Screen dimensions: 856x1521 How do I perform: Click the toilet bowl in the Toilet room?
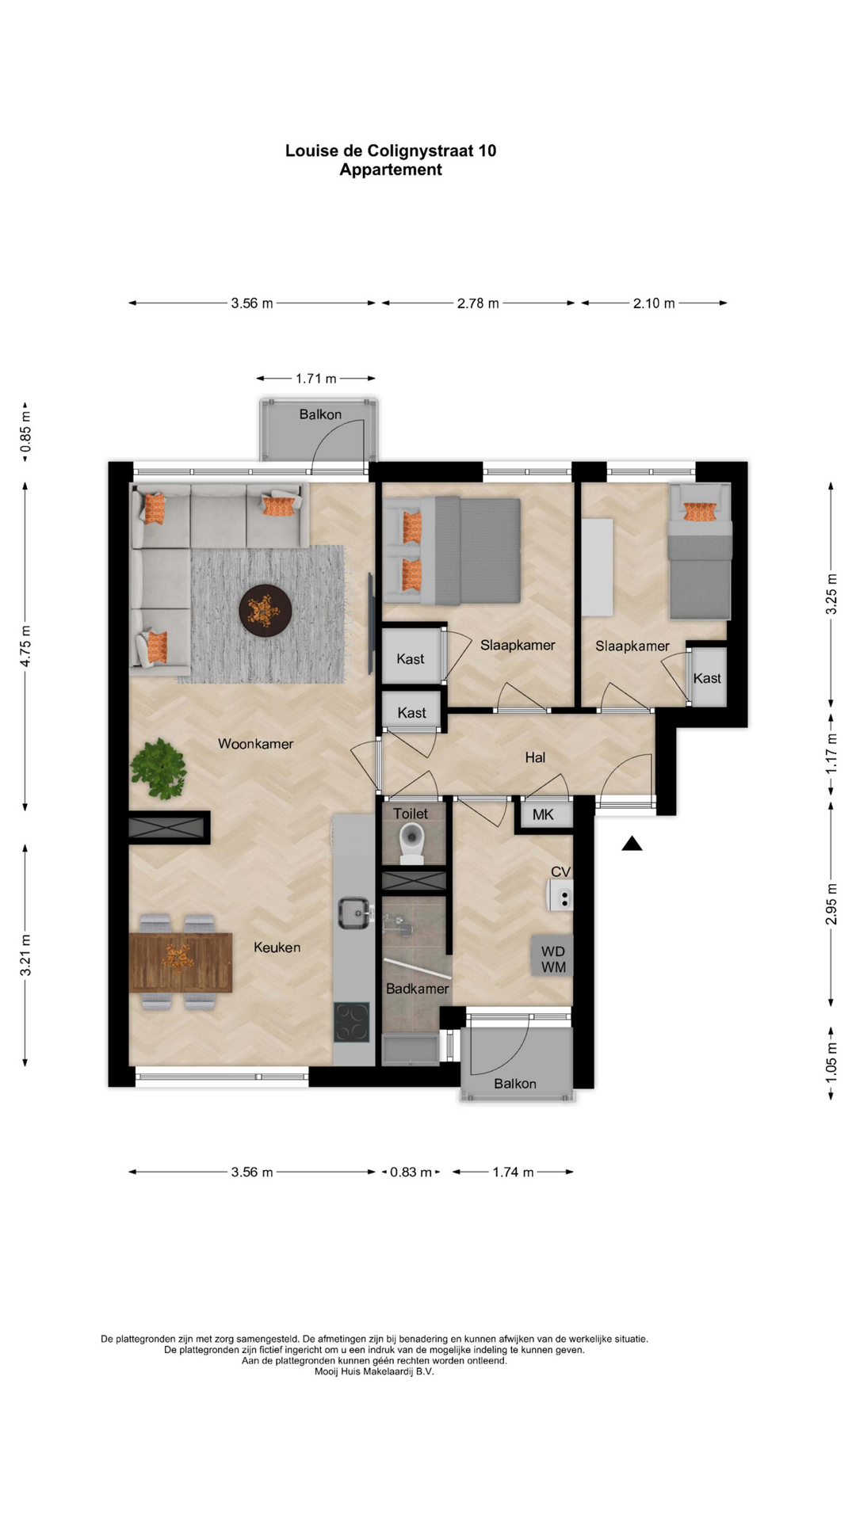[412, 843]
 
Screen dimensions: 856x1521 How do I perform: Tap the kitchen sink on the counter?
[355, 913]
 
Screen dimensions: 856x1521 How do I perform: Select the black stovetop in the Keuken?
[352, 1022]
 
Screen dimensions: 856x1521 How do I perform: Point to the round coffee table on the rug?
[266, 611]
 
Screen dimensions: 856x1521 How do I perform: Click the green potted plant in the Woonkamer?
[159, 768]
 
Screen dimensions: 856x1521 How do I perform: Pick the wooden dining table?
[181, 962]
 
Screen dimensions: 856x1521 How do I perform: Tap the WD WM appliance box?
[552, 959]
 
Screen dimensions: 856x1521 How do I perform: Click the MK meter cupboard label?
[543, 814]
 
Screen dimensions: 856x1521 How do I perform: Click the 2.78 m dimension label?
[478, 303]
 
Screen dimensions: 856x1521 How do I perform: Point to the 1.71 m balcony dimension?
[316, 379]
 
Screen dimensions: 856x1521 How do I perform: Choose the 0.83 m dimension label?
[411, 1172]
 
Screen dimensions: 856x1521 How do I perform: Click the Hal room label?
[535, 757]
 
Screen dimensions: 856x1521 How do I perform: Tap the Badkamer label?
[418, 989]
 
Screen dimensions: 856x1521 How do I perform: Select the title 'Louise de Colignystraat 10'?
[391, 151]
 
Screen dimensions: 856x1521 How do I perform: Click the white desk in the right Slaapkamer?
[598, 567]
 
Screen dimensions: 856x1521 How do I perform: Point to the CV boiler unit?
[560, 895]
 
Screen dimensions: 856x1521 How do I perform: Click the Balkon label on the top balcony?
[320, 414]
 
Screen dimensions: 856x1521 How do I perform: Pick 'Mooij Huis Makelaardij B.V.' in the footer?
[374, 1371]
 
